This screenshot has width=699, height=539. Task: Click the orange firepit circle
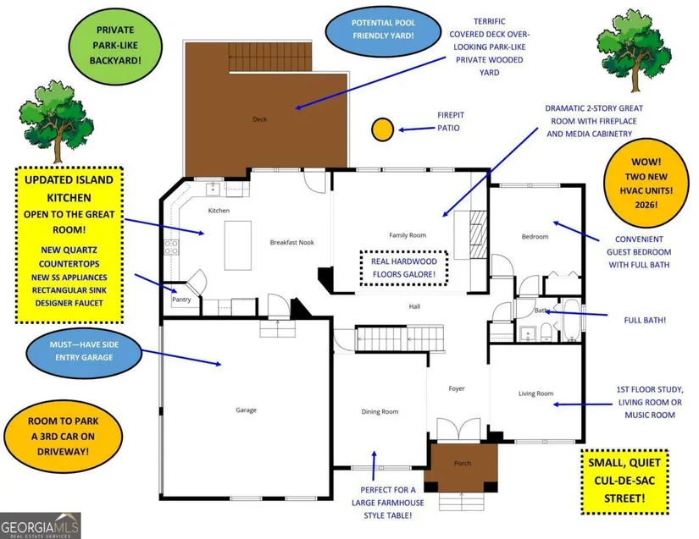point(382,129)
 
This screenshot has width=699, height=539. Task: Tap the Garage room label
point(246,410)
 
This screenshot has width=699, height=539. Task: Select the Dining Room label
point(380,412)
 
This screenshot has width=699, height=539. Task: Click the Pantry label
point(182,300)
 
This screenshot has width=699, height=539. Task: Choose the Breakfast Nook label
point(291,242)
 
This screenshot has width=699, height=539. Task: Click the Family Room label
point(407,235)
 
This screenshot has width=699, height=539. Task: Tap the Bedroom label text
point(535,237)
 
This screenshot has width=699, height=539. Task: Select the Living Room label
point(535,393)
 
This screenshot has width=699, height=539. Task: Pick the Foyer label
point(457,389)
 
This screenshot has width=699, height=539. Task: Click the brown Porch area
point(461,465)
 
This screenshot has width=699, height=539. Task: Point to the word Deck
point(259,119)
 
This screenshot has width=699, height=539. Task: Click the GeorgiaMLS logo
point(41,525)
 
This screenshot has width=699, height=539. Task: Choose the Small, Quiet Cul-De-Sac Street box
point(625,481)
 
